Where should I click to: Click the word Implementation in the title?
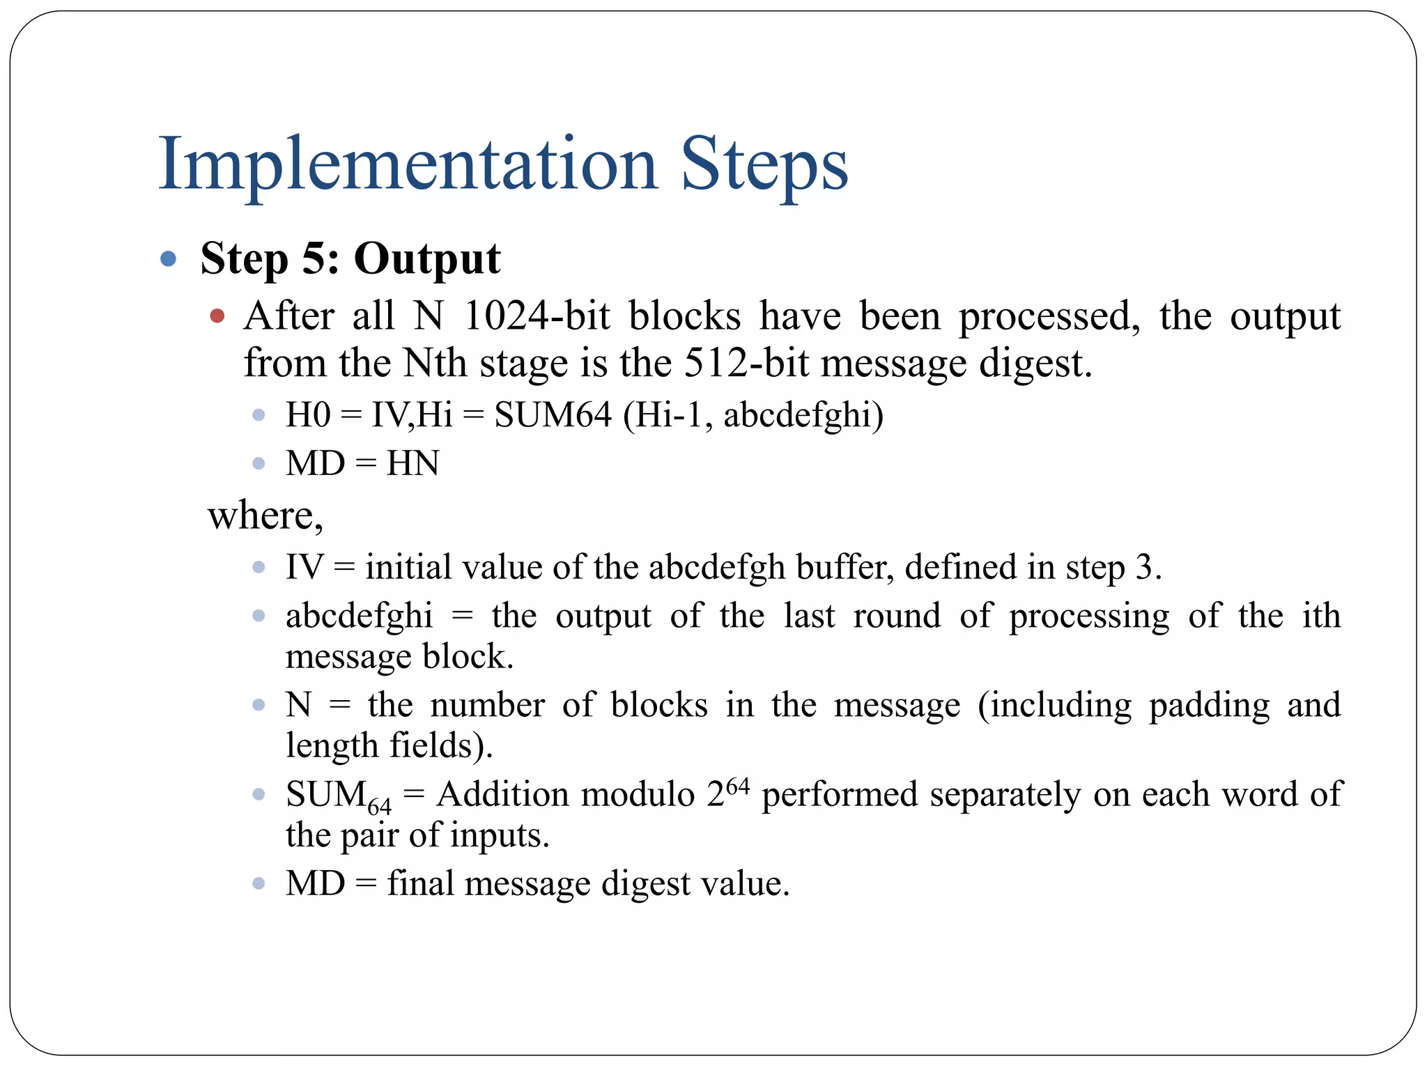tap(408, 164)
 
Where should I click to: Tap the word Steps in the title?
tap(764, 164)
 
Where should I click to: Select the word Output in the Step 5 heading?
tap(426, 258)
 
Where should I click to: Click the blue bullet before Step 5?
tap(168, 259)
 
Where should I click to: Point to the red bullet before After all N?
tap(217, 316)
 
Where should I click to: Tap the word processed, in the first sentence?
tap(1049, 316)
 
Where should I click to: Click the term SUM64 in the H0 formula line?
tap(553, 414)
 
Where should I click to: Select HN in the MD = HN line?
tap(412, 463)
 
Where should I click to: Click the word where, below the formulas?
tap(265, 515)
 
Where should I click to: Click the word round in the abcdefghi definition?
tap(897, 616)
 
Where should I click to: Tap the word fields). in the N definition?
tap(441, 745)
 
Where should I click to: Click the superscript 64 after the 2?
tap(737, 787)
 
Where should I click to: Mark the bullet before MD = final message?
tap(259, 884)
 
